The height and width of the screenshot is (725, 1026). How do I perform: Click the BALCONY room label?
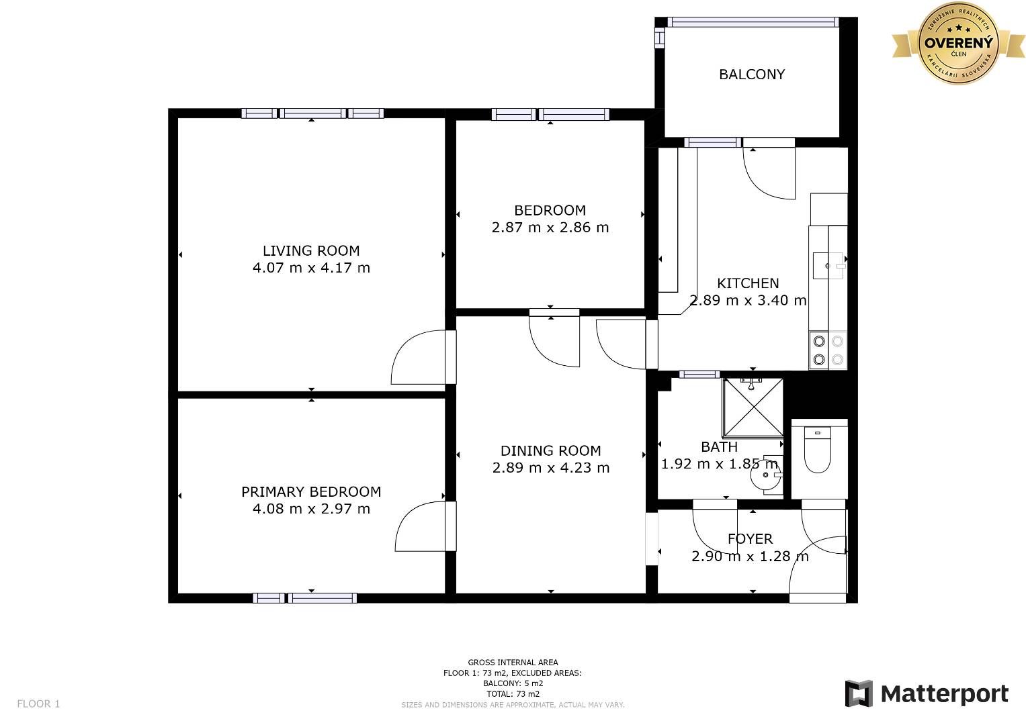point(752,74)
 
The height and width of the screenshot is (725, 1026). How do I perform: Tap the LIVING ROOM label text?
point(311,251)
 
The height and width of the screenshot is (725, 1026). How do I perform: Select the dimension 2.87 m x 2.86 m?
point(550,228)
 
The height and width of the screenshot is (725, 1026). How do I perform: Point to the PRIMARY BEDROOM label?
point(311,491)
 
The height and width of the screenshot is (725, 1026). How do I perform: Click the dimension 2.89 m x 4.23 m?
point(550,468)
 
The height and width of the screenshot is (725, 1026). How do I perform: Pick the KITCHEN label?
point(748,283)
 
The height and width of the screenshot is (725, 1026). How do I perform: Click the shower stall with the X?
point(753,407)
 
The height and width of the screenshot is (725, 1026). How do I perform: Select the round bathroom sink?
point(766,475)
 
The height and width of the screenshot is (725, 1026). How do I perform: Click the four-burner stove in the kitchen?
point(828,350)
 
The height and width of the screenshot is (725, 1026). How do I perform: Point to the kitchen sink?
point(828,265)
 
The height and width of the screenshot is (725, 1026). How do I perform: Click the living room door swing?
point(418,356)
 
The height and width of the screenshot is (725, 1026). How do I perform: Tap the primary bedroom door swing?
point(420,526)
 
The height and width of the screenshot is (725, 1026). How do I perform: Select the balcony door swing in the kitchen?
point(769,173)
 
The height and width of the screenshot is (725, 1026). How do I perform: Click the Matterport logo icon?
point(858,693)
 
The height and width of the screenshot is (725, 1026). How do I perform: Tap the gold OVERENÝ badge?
point(958,43)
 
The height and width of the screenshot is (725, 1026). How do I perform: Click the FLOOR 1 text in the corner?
point(38,704)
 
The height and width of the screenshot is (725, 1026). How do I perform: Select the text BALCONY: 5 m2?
point(513,683)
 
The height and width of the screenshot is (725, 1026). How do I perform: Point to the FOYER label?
point(750,538)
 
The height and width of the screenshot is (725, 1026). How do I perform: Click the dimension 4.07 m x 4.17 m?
point(311,268)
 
